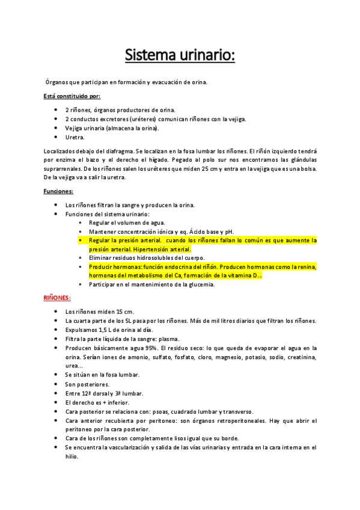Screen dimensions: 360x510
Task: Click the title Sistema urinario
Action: [x=180, y=55]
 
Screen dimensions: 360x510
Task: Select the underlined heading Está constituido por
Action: [x=72, y=96]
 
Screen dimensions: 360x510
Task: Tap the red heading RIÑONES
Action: [x=57, y=298]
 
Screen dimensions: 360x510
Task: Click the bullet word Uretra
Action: [x=75, y=138]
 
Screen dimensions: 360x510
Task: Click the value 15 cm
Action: [x=125, y=312]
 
